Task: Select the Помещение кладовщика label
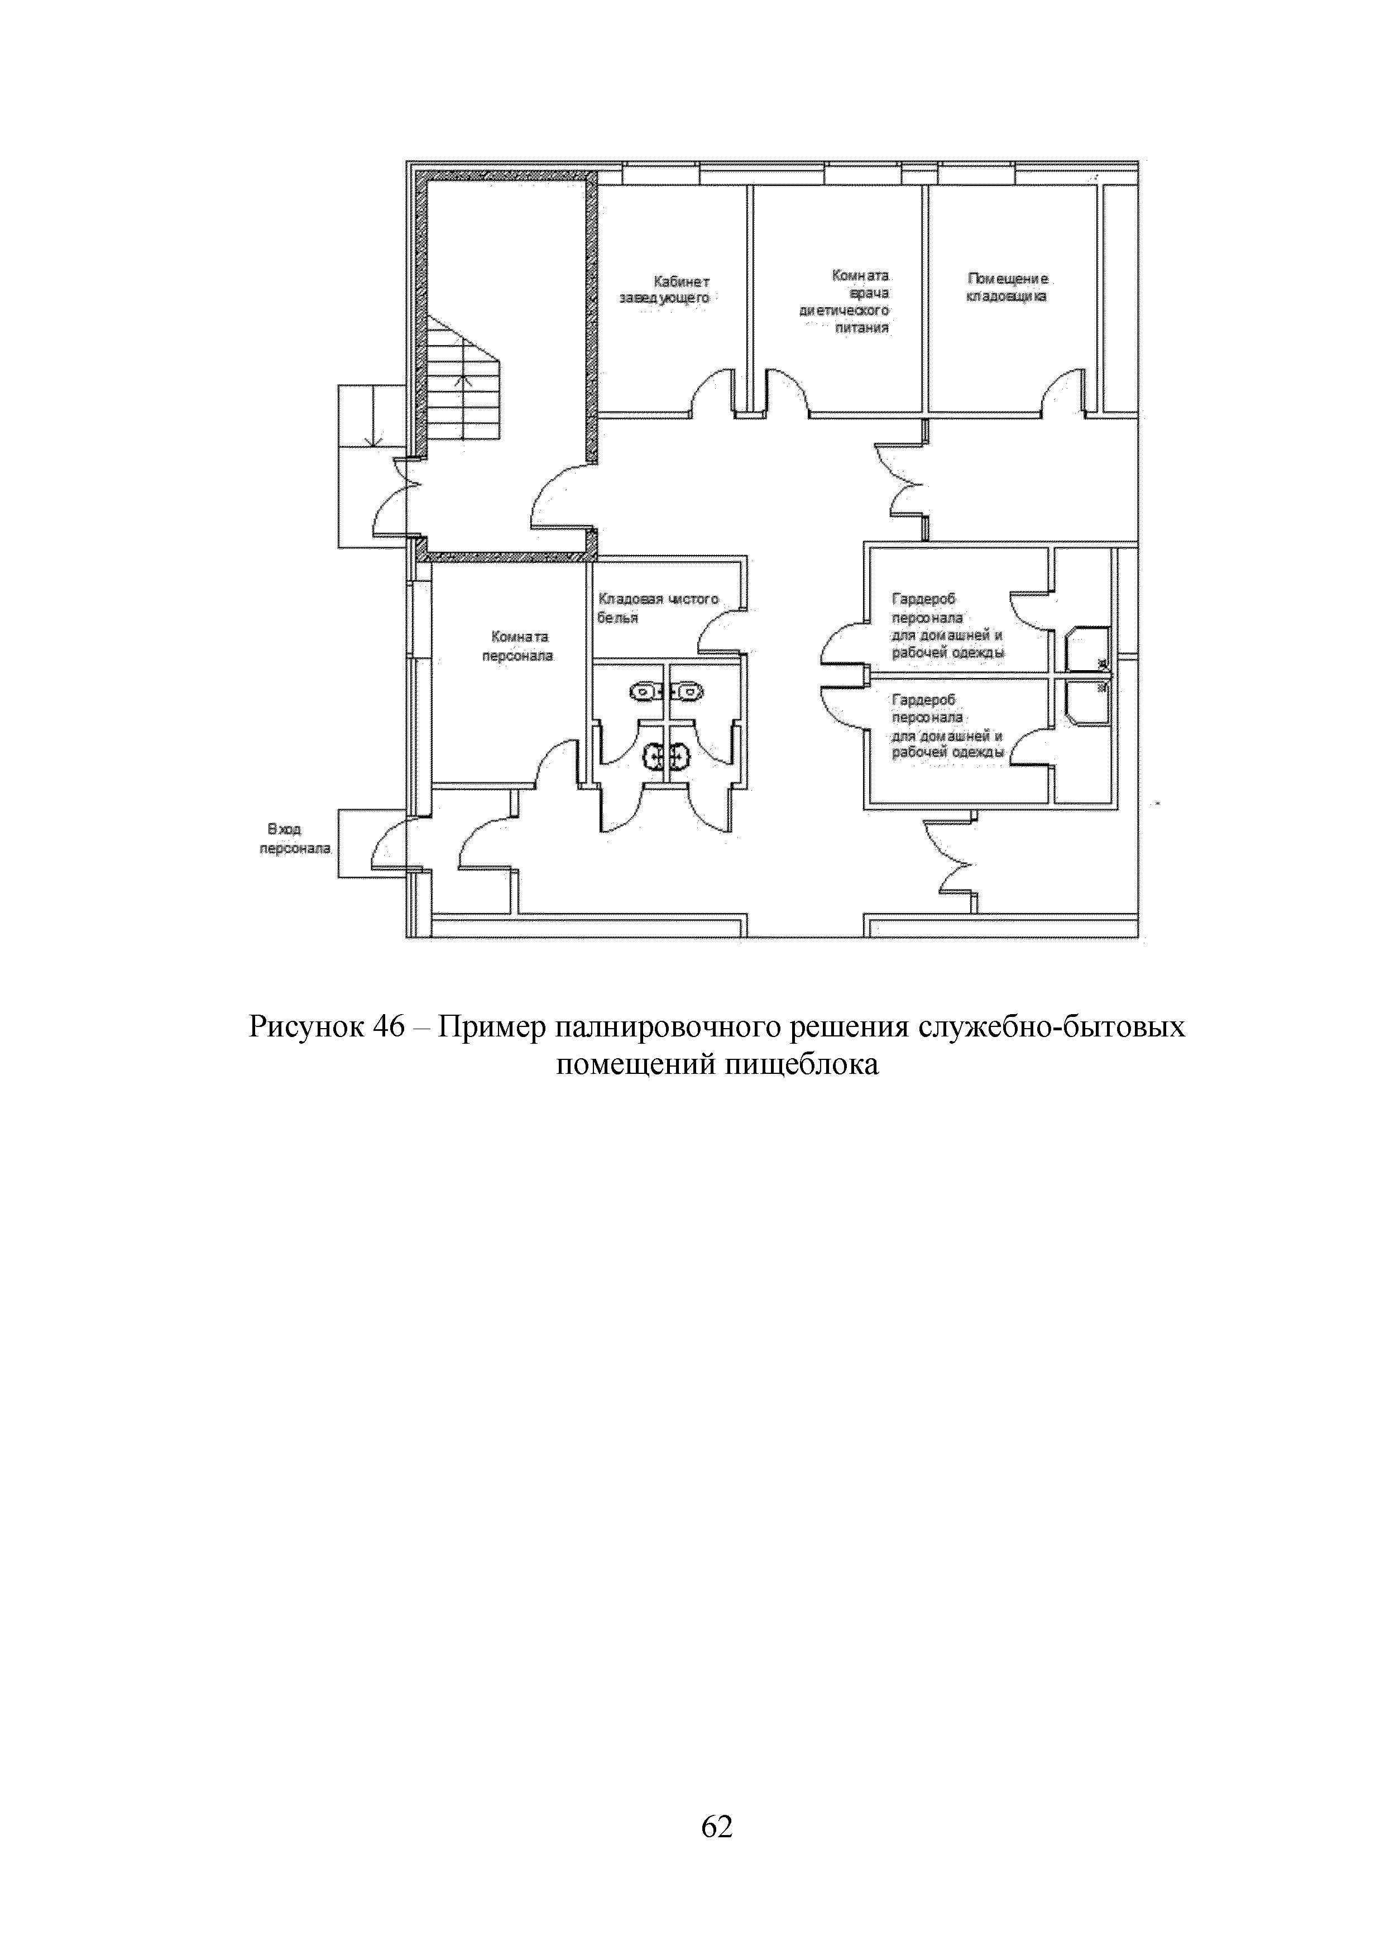click(1007, 288)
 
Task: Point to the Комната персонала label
click(517, 647)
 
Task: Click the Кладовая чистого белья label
click(658, 608)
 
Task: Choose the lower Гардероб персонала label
click(947, 726)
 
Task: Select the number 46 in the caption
click(388, 1026)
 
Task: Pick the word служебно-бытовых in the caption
click(1051, 1026)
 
